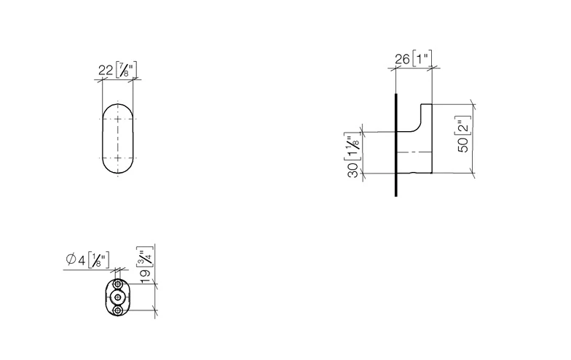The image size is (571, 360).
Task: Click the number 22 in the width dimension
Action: click(106, 70)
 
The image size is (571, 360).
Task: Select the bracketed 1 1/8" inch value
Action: click(353, 146)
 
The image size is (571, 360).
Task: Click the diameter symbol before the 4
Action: click(71, 259)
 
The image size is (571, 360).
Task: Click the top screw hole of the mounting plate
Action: click(117, 283)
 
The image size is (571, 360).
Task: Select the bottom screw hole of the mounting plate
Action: click(117, 310)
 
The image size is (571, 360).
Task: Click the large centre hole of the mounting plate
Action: click(117, 297)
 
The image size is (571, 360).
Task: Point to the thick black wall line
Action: click(395, 146)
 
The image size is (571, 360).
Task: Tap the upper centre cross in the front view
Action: click(117, 117)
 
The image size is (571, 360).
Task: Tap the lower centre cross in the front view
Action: click(117, 158)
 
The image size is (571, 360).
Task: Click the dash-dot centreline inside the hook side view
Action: click(415, 152)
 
